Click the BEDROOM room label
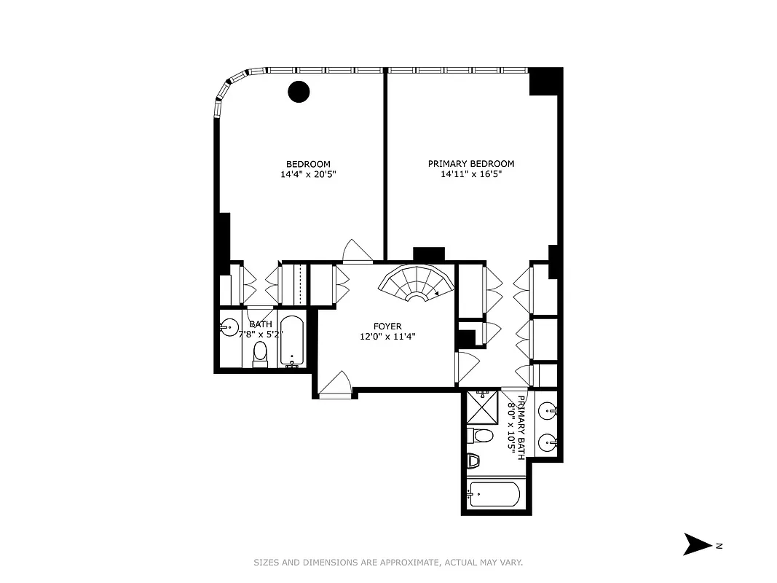coord(308,164)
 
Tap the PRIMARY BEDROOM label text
coord(470,164)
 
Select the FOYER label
coord(387,326)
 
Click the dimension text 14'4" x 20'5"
coord(308,175)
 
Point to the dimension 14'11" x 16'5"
coord(470,175)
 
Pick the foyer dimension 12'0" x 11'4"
coord(387,337)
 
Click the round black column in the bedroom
coord(299,91)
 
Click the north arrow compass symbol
coord(698,544)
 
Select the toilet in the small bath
coord(260,354)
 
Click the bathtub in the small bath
coord(293,341)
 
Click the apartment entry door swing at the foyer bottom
coord(336,383)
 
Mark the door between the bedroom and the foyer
coord(358,251)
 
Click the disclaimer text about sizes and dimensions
coord(388,563)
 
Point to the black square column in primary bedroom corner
coord(545,81)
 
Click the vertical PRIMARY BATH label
coord(516,427)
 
